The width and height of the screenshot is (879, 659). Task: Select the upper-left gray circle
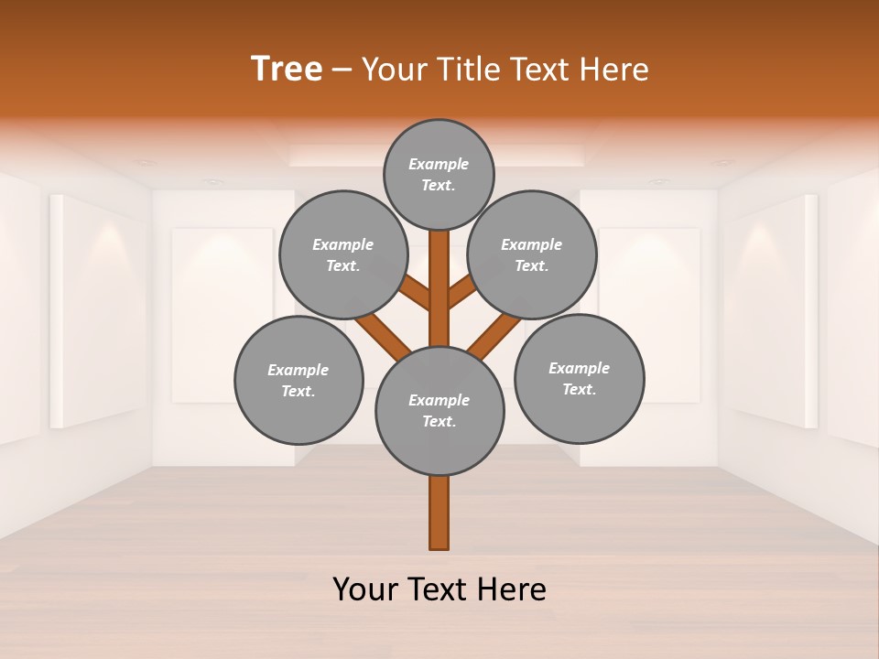tap(342, 254)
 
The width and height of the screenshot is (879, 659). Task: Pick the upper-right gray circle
tap(532, 254)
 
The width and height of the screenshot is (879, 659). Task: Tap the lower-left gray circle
tap(298, 380)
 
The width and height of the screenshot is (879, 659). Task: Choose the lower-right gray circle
tap(579, 378)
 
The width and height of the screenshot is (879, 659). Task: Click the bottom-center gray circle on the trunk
tap(439, 411)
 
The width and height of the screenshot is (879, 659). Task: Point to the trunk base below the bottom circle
tap(439, 513)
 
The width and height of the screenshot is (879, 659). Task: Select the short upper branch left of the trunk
tap(415, 292)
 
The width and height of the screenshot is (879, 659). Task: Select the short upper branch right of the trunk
tap(462, 292)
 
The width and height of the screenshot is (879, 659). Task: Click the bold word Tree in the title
tap(287, 69)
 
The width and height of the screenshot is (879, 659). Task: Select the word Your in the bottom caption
tap(366, 589)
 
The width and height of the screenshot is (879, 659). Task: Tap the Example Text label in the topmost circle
tap(439, 174)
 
